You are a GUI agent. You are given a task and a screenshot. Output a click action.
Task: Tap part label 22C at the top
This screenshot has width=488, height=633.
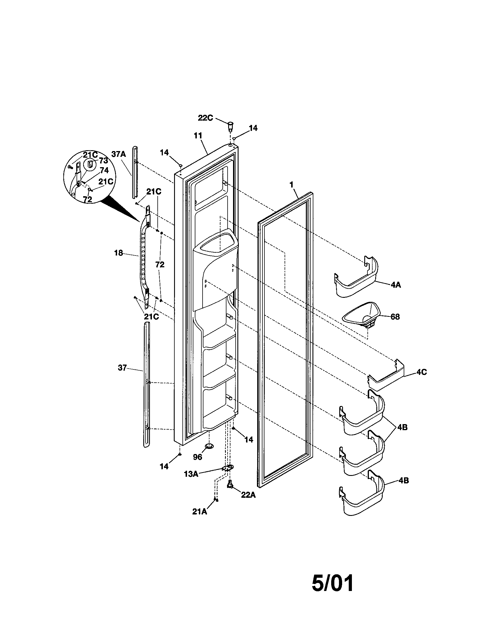[205, 118]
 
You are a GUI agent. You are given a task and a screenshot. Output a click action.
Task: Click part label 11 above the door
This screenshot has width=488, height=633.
[198, 136]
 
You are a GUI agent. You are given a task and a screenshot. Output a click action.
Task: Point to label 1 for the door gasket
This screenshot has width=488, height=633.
[291, 184]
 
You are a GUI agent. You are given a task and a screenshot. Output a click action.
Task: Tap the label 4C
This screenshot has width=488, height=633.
[421, 372]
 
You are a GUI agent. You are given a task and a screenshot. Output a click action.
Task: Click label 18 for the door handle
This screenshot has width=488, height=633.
[119, 253]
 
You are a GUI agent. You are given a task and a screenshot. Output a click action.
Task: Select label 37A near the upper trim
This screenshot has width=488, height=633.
[119, 154]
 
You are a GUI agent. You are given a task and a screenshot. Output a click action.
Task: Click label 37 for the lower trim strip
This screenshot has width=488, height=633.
[122, 368]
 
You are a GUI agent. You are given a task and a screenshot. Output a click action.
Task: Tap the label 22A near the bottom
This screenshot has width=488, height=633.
[248, 495]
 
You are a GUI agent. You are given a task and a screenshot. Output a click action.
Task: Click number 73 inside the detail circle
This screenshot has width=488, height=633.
[104, 161]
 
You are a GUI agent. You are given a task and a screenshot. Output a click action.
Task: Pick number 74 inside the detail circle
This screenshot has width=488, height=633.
[104, 170]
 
